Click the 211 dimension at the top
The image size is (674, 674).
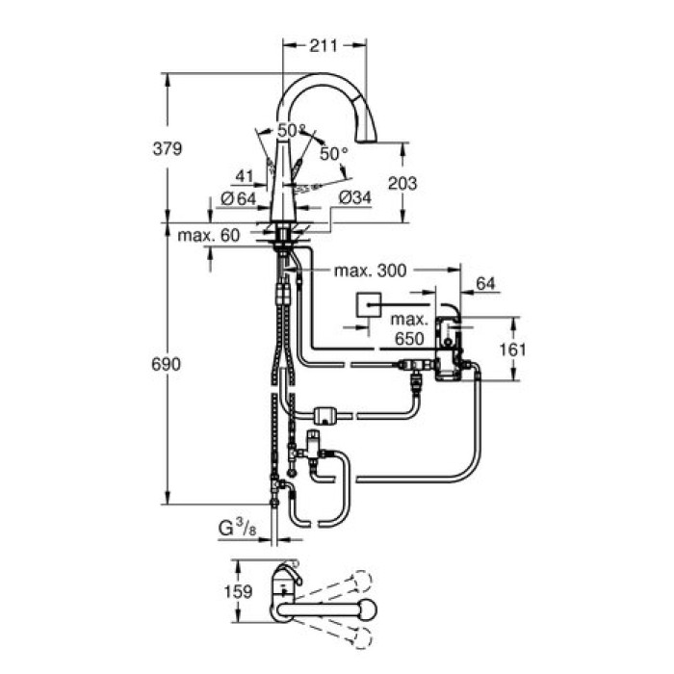tap(325, 42)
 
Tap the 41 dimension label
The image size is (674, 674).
tap(243, 176)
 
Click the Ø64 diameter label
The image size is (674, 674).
tap(237, 198)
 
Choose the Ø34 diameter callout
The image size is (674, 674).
tap(354, 198)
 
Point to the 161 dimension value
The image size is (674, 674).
tap(514, 349)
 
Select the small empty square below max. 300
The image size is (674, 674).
tap(366, 307)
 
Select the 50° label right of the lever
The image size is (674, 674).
tap(334, 154)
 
